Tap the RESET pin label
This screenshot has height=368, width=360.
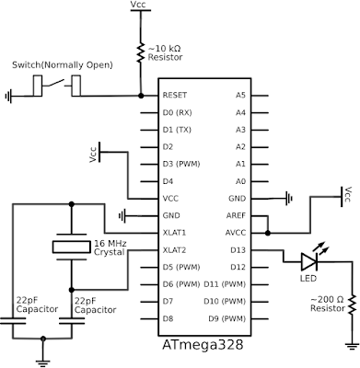point(175,95)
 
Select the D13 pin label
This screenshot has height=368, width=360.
point(237,249)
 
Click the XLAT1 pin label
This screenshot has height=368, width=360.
point(175,232)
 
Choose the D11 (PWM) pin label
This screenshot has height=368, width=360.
point(224,283)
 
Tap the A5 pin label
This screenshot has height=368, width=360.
point(240,95)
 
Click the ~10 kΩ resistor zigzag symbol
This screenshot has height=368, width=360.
point(139,48)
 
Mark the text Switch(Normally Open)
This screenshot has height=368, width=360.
point(62,65)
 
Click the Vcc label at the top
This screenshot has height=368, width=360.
point(139,6)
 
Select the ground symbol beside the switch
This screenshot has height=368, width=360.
point(11,95)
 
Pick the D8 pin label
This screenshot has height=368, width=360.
point(168,318)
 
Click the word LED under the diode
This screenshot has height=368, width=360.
point(308,279)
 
